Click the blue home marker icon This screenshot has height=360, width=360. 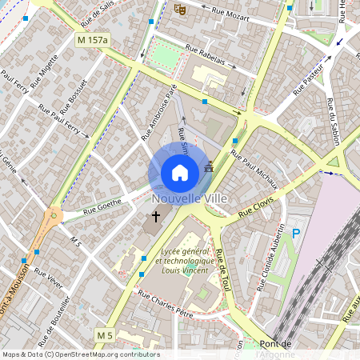pyautogui.click(x=180, y=172)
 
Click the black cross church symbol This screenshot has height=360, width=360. pyautogui.click(x=156, y=216)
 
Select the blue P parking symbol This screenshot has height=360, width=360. pyautogui.click(x=296, y=234)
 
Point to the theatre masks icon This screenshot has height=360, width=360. pyautogui.click(x=179, y=10)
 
